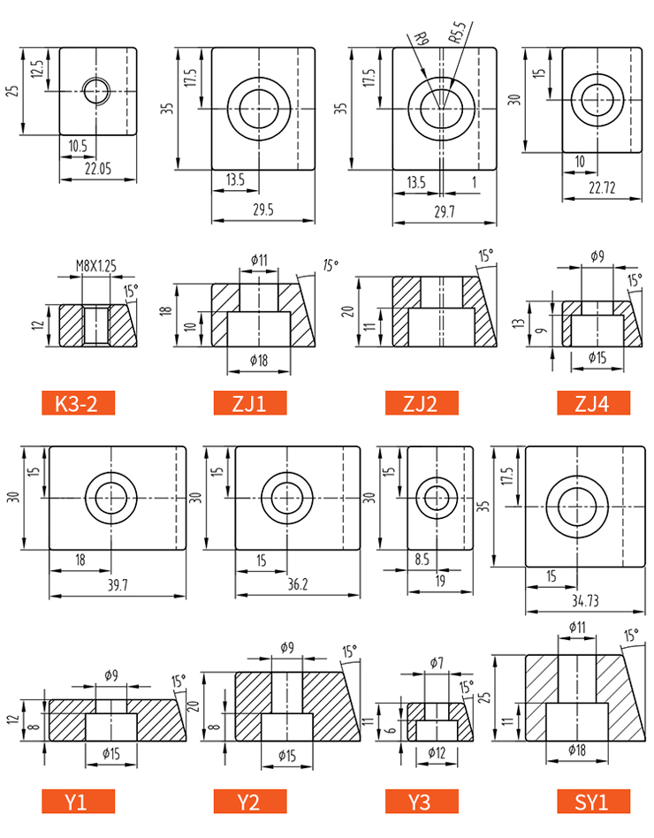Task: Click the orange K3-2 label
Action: [x=78, y=403]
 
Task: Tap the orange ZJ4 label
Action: [x=593, y=403]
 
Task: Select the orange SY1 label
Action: [x=593, y=802]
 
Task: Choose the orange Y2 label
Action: [x=250, y=802]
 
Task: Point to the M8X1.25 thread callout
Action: [x=95, y=265]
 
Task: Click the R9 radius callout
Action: [x=421, y=39]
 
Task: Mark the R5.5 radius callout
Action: [x=457, y=32]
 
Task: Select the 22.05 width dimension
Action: [x=98, y=169]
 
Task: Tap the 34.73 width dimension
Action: [x=585, y=601]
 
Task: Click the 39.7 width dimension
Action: [x=118, y=585]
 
